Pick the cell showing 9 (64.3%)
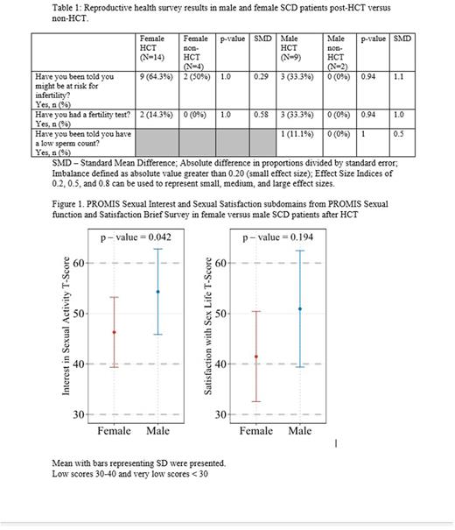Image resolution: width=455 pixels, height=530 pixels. (x=156, y=78)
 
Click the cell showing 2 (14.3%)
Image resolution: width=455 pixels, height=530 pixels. (x=156, y=114)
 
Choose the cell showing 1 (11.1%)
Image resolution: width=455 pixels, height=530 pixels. (x=296, y=133)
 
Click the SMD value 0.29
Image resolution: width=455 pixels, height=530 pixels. (x=260, y=78)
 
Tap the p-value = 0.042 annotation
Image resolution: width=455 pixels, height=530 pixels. (x=136, y=237)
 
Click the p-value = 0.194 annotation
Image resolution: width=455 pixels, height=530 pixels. (x=277, y=237)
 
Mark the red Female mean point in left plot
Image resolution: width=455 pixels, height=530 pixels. (x=114, y=332)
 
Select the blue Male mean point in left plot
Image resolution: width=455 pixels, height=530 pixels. (x=158, y=292)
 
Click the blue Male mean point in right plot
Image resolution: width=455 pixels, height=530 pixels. (x=300, y=308)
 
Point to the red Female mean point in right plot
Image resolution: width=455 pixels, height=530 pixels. (x=255, y=357)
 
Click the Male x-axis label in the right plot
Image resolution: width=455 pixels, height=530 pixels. (x=300, y=431)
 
